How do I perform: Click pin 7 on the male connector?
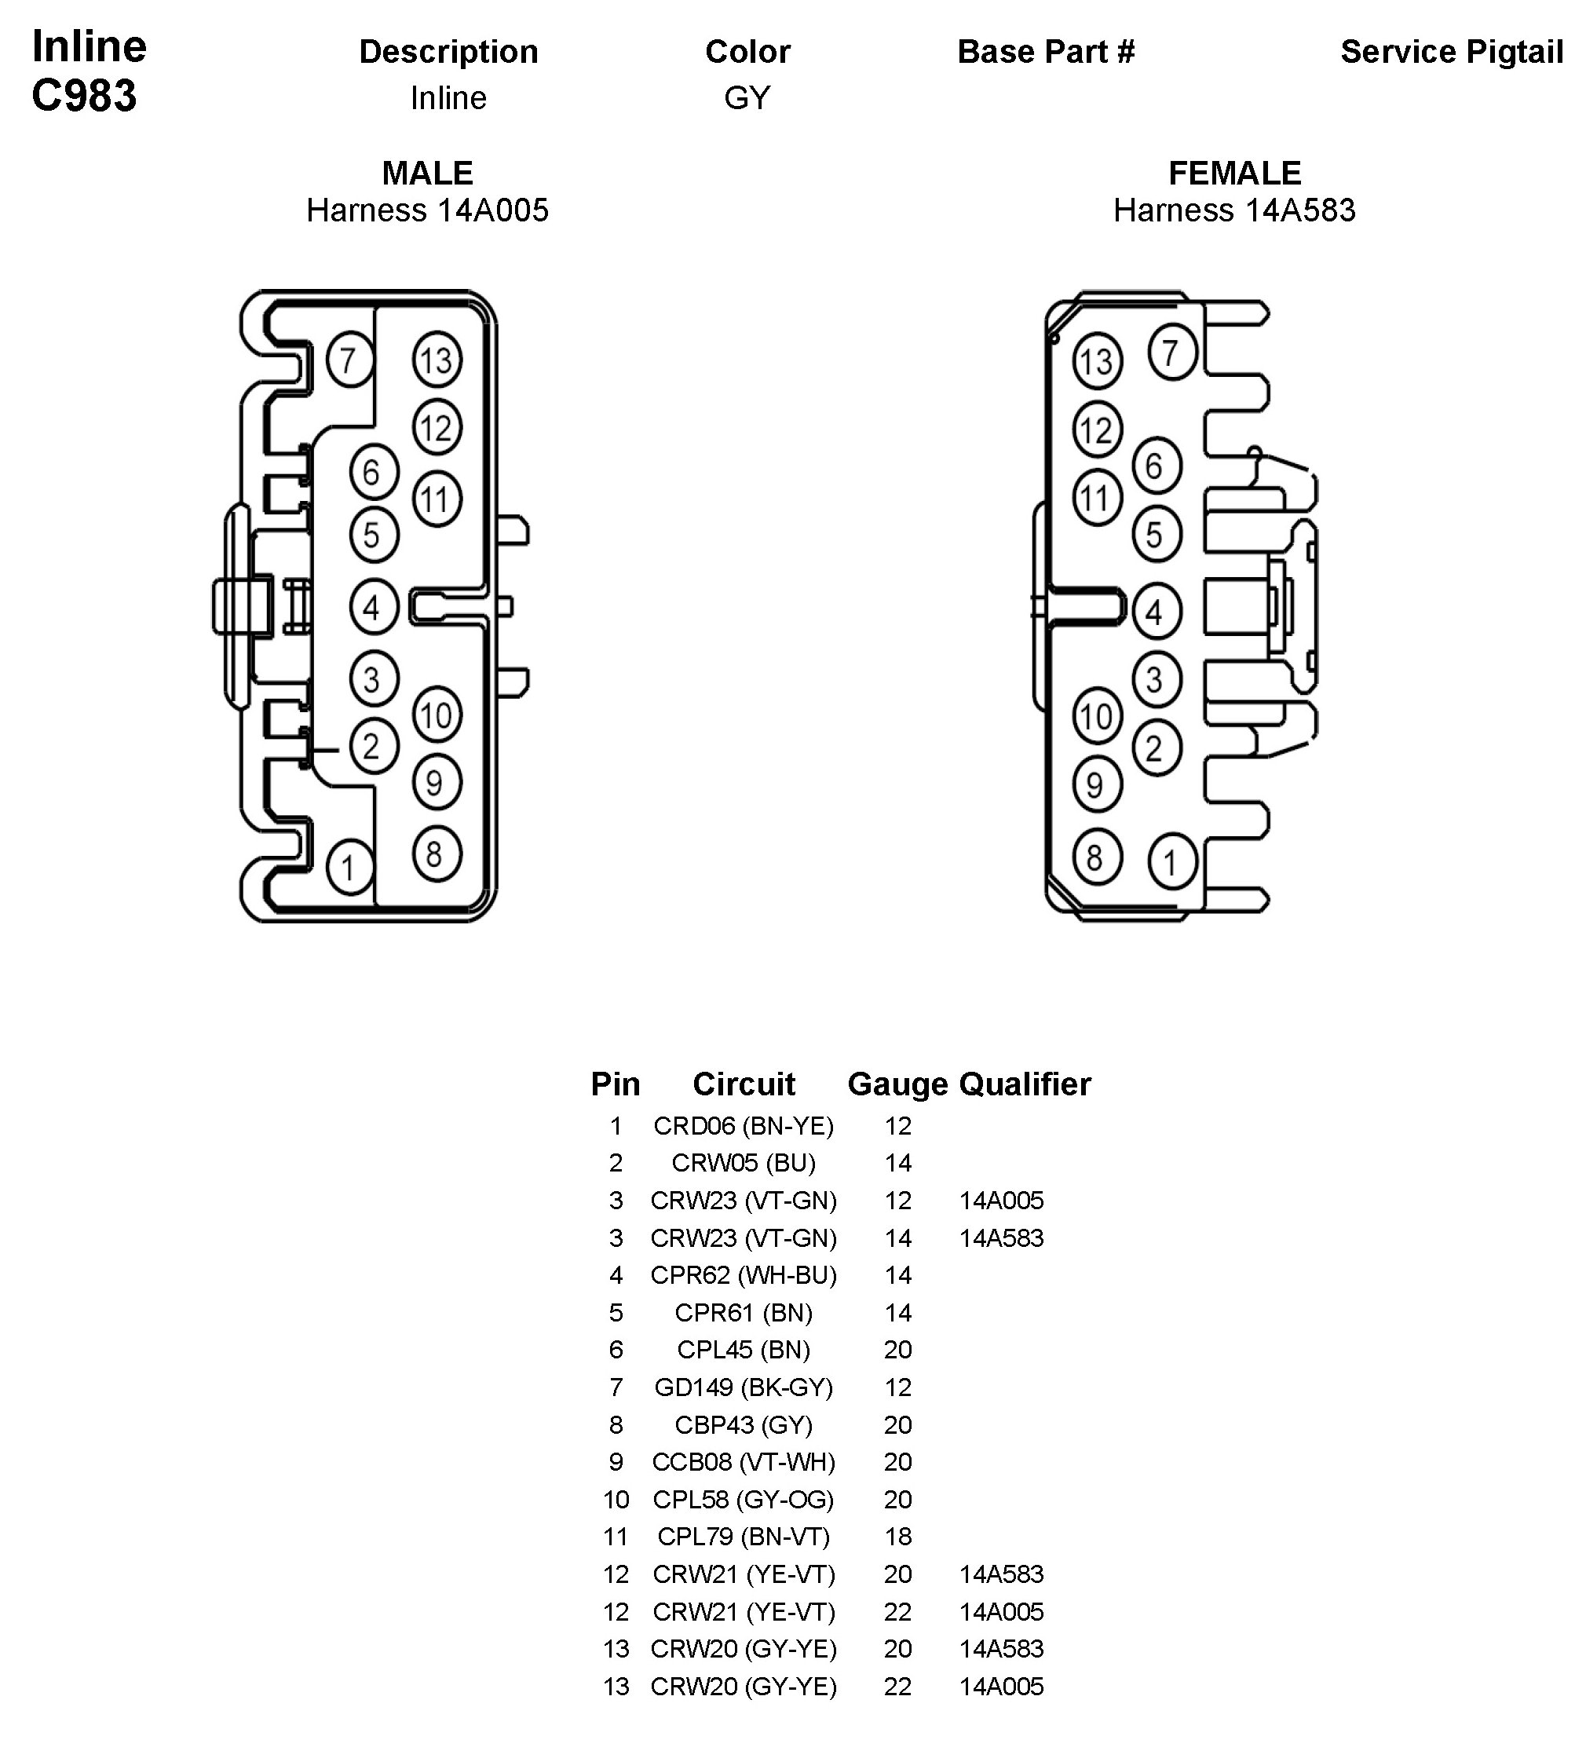(x=349, y=360)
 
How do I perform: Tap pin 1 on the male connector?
(x=349, y=868)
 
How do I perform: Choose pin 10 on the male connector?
(x=437, y=715)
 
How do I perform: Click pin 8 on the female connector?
(x=1096, y=857)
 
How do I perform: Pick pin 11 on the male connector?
(x=437, y=499)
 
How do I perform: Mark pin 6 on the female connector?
(x=1156, y=466)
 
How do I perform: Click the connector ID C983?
(x=85, y=95)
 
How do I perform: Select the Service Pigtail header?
(x=1452, y=52)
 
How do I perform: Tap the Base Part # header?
(x=1046, y=52)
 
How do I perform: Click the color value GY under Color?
(x=747, y=97)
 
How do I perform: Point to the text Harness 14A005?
(x=427, y=210)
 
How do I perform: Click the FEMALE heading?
(x=1234, y=174)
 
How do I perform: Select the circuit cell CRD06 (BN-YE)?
(x=743, y=1125)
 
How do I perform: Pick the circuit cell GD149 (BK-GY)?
(x=743, y=1387)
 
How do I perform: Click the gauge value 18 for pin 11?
(x=897, y=1537)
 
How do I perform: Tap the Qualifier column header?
(x=1025, y=1084)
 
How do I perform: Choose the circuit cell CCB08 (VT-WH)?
(x=743, y=1461)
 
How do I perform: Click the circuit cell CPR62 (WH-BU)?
(x=743, y=1275)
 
